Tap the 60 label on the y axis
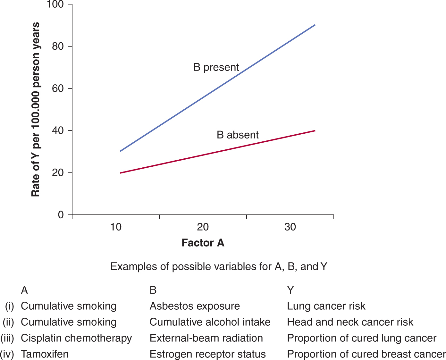58,88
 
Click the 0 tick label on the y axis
61,215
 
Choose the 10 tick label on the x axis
116,227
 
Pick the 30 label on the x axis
290,227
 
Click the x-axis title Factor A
203,243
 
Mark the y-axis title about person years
35,109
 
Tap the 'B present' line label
216,67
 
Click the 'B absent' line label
238,135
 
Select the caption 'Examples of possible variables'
219,267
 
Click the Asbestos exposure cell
195,306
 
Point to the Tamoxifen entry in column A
45,354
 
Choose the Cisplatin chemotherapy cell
76,338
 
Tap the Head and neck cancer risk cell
350,322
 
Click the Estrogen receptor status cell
207,354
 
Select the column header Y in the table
290,290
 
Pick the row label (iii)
7,338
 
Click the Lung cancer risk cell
326,306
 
